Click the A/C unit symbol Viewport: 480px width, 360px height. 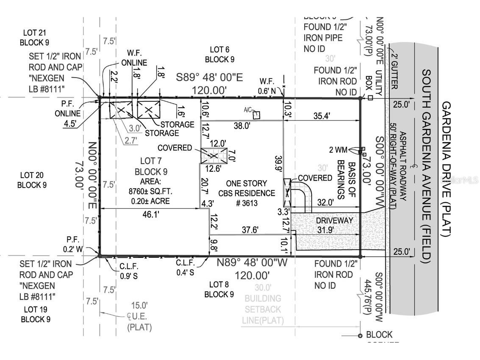pos(256,114)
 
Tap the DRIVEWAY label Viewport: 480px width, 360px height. pos(334,220)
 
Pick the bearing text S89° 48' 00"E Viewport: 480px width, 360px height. pos(210,78)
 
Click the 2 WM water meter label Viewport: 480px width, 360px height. pos(338,149)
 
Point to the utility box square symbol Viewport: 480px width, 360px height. pos(370,98)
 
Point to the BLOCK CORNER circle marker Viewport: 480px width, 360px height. pos(360,336)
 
